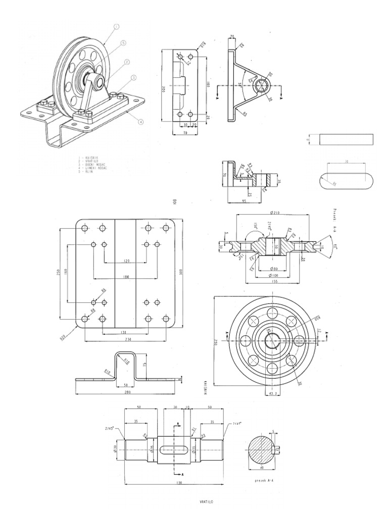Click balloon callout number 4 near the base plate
coord(140,121)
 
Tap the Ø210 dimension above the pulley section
coord(276,213)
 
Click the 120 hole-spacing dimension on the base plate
coord(126,261)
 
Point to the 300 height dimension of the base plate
coord(181,273)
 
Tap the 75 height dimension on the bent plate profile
coord(144,365)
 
